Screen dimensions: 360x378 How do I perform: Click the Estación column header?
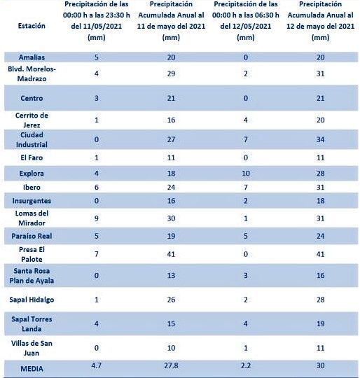32,26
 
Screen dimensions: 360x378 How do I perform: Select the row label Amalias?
32,57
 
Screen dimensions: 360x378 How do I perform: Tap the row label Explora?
32,174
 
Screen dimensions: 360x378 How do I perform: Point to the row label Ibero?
32,187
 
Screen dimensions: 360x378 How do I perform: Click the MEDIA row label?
32,369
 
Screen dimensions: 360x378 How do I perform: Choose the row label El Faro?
32,157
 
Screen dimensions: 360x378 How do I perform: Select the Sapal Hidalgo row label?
32,300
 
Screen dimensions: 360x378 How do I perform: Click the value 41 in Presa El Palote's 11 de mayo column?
171,254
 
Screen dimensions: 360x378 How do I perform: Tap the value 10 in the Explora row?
246,174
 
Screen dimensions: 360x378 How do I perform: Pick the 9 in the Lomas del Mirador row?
97,218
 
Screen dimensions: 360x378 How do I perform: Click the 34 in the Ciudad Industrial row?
320,139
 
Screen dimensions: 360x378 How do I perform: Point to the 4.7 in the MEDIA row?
97,365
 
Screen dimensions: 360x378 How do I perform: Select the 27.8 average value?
171,365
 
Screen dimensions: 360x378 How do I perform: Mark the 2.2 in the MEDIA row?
246,365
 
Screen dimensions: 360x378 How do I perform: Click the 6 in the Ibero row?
97,187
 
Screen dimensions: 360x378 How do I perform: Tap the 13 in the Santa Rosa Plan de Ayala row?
171,275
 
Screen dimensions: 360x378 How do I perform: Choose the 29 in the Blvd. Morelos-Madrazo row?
171,73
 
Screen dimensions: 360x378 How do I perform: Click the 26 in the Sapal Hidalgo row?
171,300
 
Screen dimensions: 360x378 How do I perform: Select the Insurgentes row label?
32,201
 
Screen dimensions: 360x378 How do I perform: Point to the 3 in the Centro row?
97,98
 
